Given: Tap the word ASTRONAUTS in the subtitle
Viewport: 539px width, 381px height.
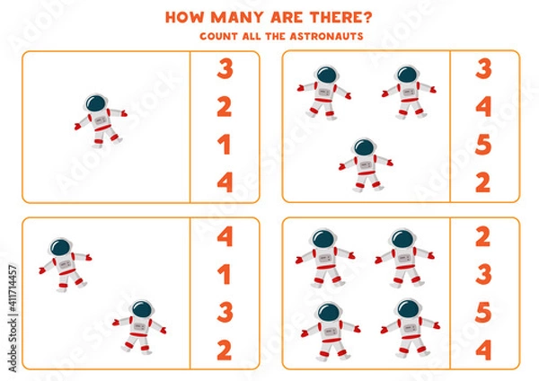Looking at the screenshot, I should [315, 37].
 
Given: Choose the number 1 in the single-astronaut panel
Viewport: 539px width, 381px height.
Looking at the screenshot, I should [225, 144].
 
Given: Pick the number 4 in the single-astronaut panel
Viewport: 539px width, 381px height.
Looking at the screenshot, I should [225, 182].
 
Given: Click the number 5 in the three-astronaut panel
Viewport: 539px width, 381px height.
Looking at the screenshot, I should [484, 144].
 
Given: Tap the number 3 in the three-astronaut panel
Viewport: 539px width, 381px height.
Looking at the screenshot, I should [484, 69].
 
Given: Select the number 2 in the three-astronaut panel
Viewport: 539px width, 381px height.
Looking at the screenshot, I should [484, 182].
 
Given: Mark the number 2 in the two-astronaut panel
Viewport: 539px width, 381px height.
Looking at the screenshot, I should [225, 349].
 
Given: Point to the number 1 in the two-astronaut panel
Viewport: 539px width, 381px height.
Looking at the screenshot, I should [225, 274].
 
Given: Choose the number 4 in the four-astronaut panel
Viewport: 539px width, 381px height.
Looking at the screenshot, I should [484, 349].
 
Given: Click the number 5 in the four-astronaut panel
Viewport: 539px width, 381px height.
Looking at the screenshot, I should [484, 311].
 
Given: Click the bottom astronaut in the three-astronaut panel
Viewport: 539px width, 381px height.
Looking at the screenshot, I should [365, 164].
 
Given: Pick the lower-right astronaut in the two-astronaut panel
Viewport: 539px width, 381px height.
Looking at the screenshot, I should [140, 324].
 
